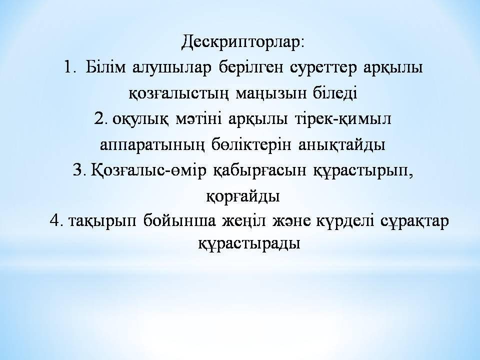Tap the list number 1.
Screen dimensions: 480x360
tap(70, 67)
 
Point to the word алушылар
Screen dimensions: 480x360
tap(172, 68)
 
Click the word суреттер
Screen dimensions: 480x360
tap(323, 68)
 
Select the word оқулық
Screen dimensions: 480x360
tap(140, 119)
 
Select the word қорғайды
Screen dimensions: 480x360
tap(243, 196)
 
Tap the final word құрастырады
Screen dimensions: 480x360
tap(249, 243)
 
